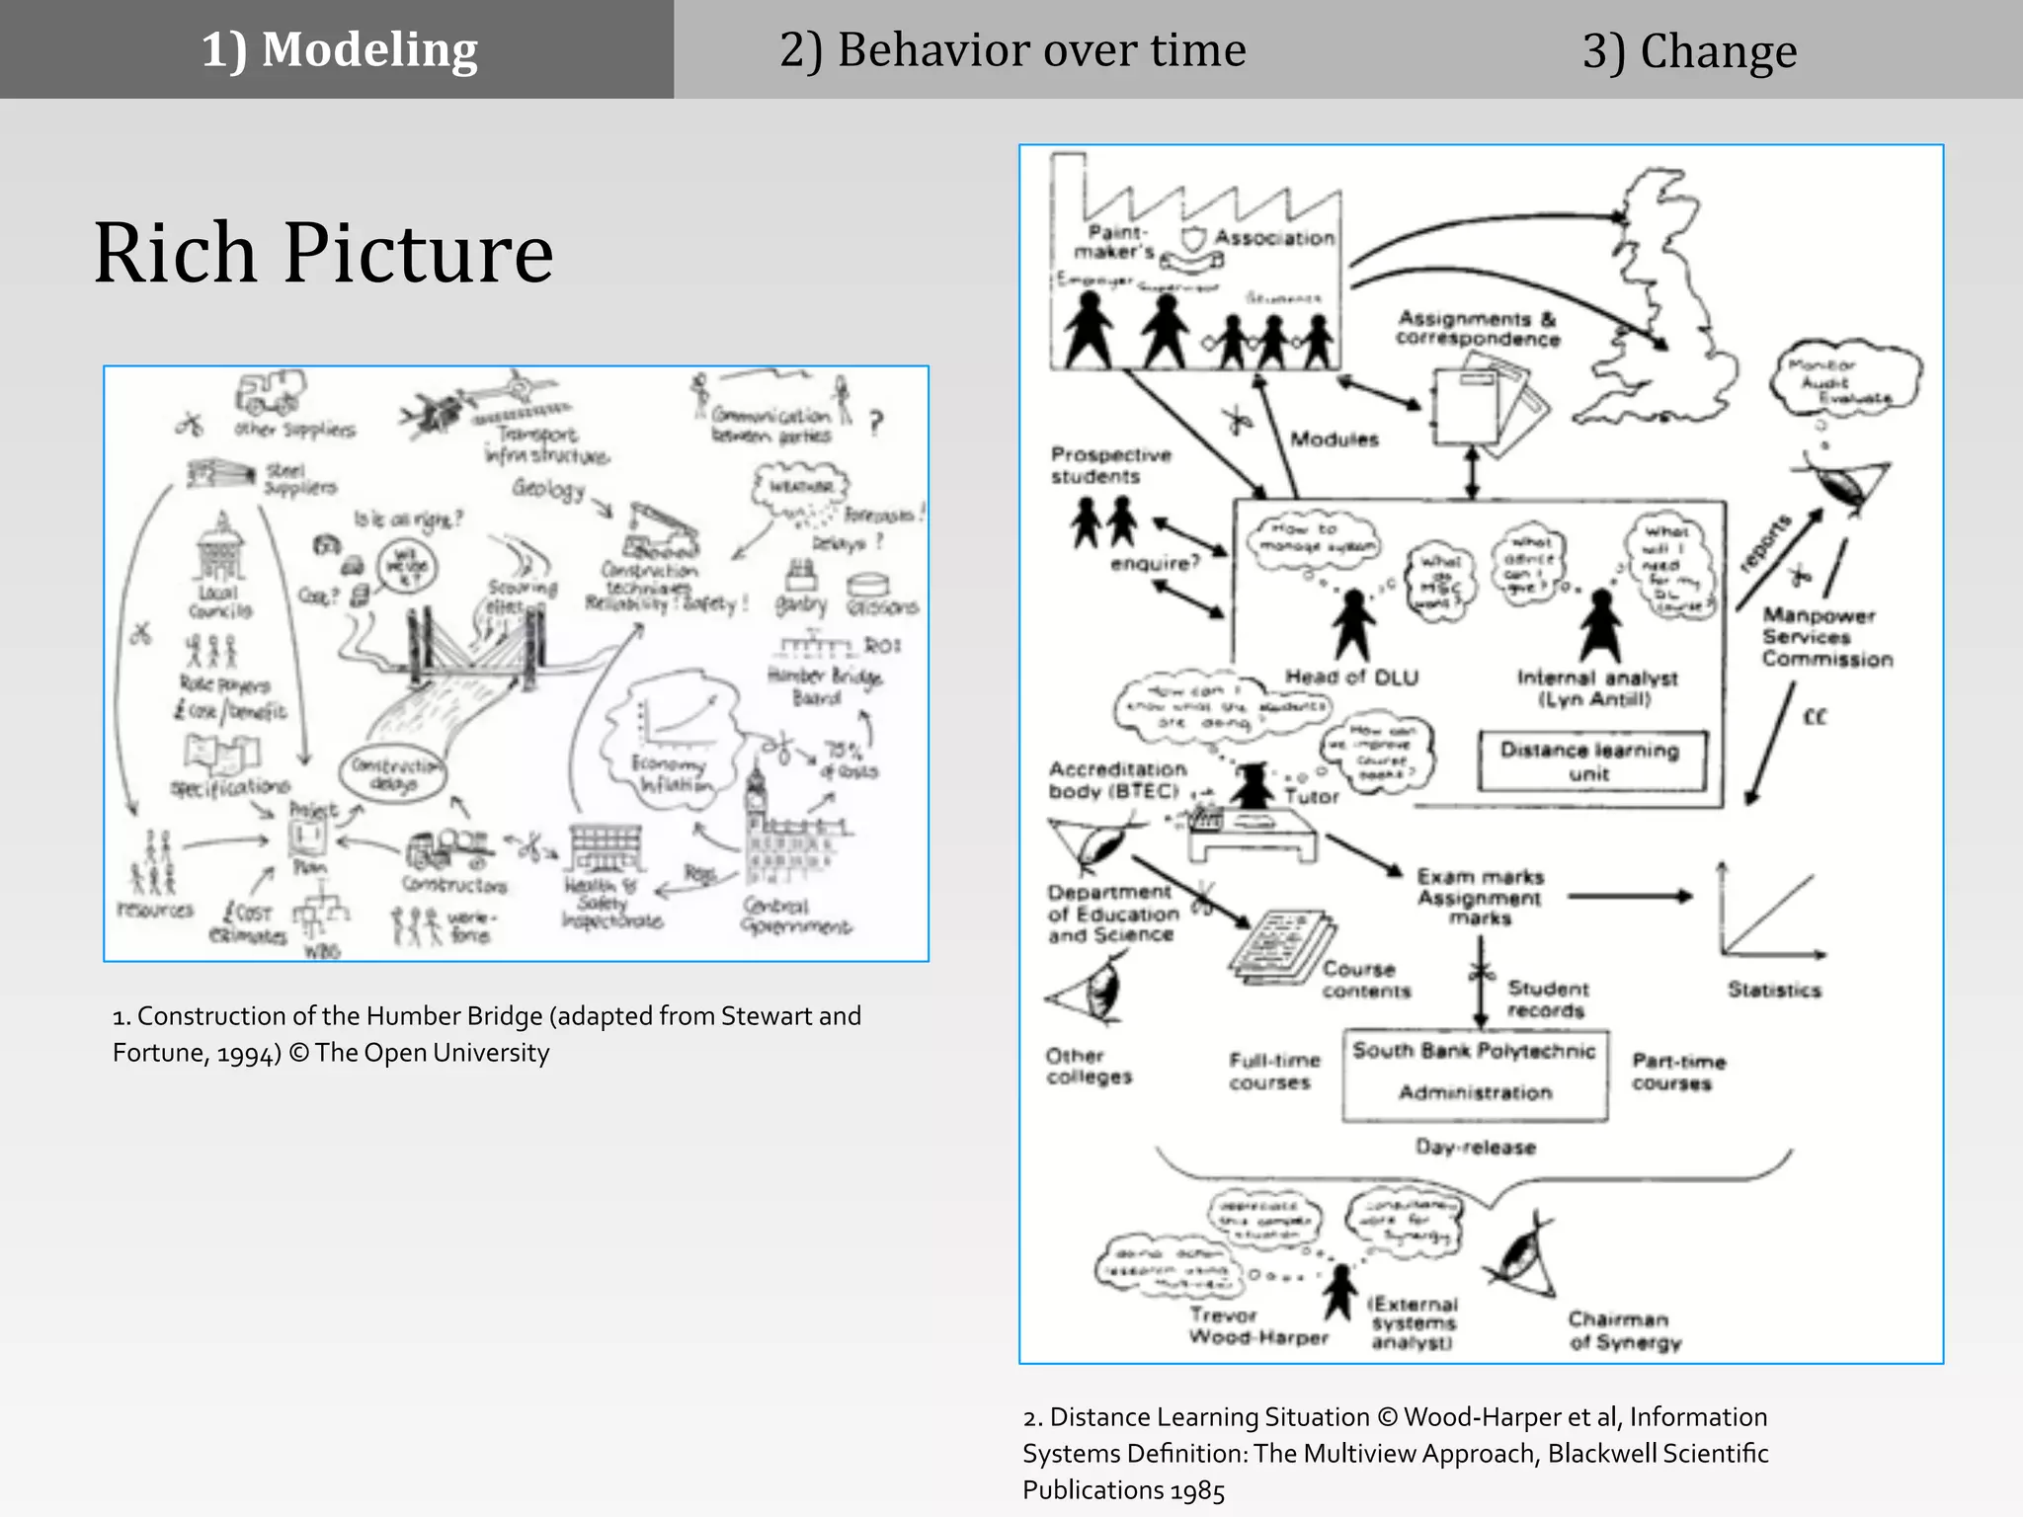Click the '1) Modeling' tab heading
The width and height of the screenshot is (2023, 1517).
point(339,49)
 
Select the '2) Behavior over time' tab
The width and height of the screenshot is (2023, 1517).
point(1012,49)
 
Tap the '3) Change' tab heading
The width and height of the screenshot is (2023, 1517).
point(1689,51)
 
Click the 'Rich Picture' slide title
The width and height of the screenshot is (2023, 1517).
point(323,253)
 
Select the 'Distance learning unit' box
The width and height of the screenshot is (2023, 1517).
point(1590,760)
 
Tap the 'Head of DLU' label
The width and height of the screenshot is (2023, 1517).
point(1351,678)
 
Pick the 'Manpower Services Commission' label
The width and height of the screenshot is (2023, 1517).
point(1827,637)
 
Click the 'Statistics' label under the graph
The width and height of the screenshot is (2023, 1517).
point(1774,990)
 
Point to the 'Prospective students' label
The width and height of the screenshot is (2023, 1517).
point(1110,465)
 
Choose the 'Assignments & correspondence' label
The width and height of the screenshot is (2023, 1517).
point(1478,328)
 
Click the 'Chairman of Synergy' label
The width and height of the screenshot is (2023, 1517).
point(1625,1330)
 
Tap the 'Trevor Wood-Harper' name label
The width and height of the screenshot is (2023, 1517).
point(1257,1326)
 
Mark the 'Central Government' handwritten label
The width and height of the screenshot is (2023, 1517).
point(794,916)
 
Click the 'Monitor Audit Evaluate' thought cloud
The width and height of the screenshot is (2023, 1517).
point(1847,380)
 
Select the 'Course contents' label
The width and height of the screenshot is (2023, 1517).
point(1366,980)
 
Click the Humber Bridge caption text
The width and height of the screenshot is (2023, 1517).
point(486,1034)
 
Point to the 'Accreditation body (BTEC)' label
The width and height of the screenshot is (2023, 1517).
point(1116,779)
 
